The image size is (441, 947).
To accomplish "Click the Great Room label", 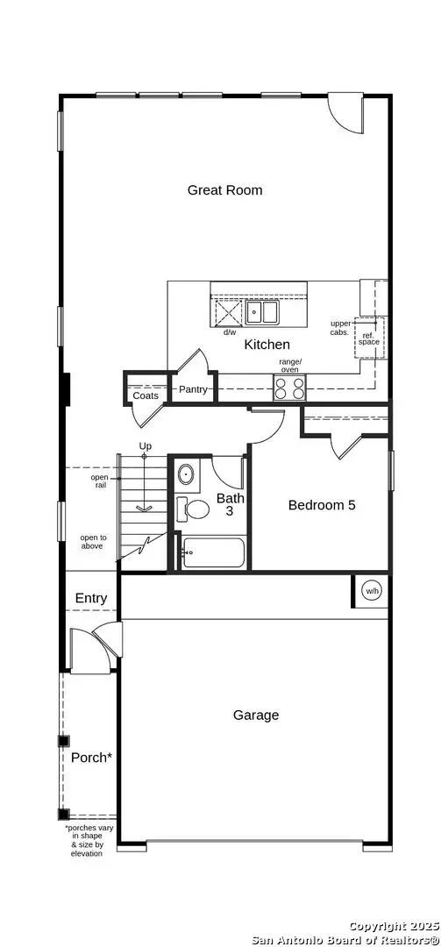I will pos(224,189).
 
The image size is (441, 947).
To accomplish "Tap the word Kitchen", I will pos(267,345).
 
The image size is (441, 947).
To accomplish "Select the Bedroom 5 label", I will pos(322,505).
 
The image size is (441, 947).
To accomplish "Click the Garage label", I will pos(256,715).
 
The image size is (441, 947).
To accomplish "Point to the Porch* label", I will pos(90,757).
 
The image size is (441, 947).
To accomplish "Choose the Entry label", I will pos(91,598).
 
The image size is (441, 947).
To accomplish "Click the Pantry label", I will pos(193,389).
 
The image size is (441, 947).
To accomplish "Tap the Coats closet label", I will pos(146,395).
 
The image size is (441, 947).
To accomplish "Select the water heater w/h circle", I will pos(373,591).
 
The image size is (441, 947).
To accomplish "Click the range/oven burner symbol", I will pos(289,388).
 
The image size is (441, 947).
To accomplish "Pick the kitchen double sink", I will pos(261,312).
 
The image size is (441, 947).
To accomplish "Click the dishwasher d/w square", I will pos(228,313).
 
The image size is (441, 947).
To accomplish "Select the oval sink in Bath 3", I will pos(187,475).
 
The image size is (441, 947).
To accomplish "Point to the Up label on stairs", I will pos(146,446).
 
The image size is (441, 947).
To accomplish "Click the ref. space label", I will pos(369,338).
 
